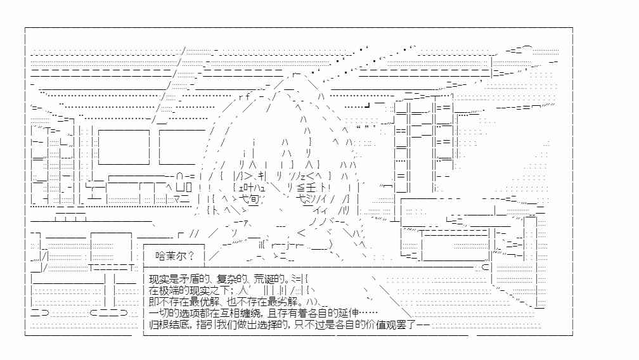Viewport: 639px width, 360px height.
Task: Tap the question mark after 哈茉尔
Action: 191,256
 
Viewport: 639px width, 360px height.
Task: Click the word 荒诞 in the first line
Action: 263,280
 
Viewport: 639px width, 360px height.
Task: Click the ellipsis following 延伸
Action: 368,313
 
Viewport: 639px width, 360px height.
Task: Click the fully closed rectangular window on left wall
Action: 124,147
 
